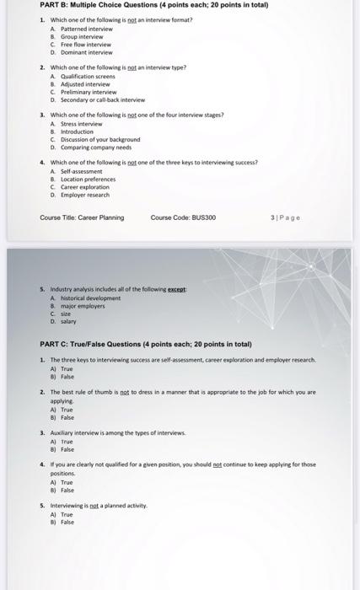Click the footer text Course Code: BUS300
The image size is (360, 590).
click(183, 217)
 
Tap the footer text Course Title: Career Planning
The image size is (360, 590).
click(82, 217)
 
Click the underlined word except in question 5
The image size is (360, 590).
click(175, 289)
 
